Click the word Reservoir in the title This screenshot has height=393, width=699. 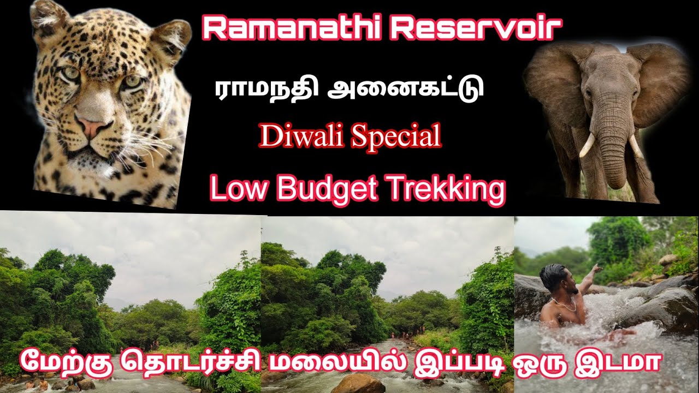476,29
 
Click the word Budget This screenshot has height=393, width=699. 328,189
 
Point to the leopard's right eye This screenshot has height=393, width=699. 70,74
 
